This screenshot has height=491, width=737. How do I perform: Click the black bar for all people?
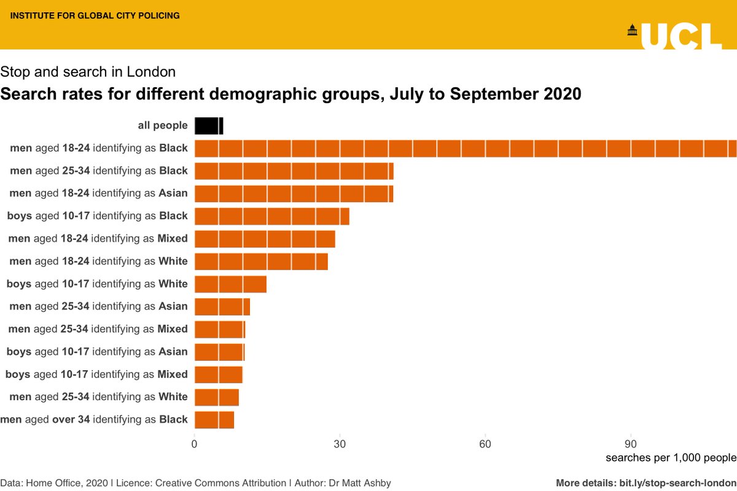tap(209, 126)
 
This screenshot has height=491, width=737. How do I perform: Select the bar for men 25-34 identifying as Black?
tap(294, 171)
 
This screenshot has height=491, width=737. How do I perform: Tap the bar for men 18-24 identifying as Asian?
tap(294, 193)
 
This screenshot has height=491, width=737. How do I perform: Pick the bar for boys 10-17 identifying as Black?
tap(271, 216)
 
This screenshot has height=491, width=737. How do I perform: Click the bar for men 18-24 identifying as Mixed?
tap(265, 239)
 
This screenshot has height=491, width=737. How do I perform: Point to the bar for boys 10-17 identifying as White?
tap(230, 284)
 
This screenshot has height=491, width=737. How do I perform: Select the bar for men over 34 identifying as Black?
tap(214, 420)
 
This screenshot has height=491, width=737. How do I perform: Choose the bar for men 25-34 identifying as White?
tap(217, 397)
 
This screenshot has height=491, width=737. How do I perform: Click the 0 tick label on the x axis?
tap(195, 443)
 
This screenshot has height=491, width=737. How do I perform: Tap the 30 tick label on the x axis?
tap(340, 443)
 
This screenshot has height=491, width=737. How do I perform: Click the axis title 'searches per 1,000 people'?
tap(670, 458)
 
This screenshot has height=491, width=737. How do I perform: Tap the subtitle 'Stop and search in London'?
tap(88, 72)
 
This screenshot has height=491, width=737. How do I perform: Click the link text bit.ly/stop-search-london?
tap(674, 482)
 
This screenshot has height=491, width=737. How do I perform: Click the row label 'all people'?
tap(162, 126)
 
